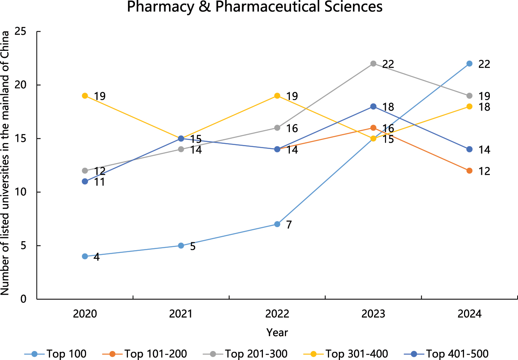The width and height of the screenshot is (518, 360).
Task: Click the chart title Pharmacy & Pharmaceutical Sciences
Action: (255, 7)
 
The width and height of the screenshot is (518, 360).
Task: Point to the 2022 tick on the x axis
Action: (277, 314)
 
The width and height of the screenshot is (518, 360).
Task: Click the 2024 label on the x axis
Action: (469, 314)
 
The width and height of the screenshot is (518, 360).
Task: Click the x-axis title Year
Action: (277, 333)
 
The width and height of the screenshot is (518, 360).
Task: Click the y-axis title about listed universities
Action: (5, 163)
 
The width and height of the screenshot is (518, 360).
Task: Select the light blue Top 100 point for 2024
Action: (469, 64)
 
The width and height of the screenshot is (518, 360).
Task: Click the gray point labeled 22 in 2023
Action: (373, 64)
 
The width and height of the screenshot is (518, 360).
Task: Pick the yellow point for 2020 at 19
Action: (85, 96)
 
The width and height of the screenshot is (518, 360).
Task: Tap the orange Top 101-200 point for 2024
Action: (469, 171)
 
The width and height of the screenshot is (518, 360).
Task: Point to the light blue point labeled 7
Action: (277, 224)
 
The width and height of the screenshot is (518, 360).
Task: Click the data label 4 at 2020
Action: (96, 257)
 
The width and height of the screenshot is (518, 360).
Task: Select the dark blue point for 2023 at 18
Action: (373, 106)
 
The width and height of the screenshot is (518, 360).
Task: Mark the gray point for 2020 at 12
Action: (85, 171)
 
